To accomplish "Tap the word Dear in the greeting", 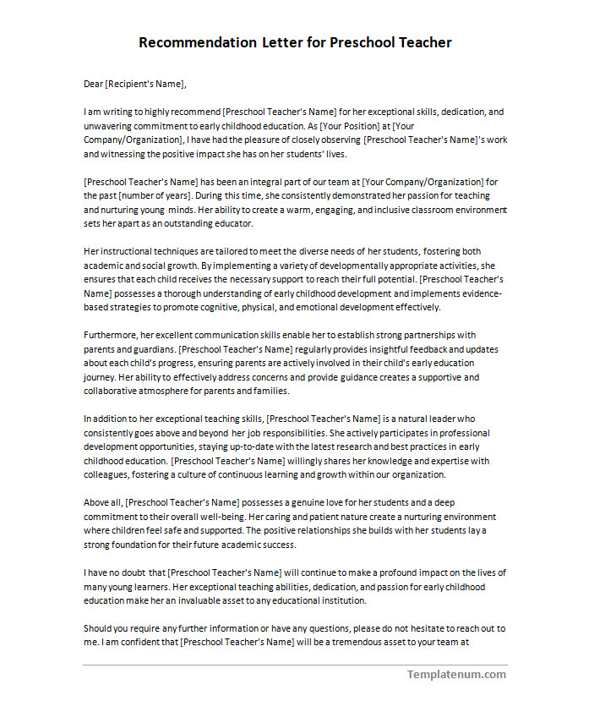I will tap(93, 84).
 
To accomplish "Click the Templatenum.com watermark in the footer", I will tap(456, 674).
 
